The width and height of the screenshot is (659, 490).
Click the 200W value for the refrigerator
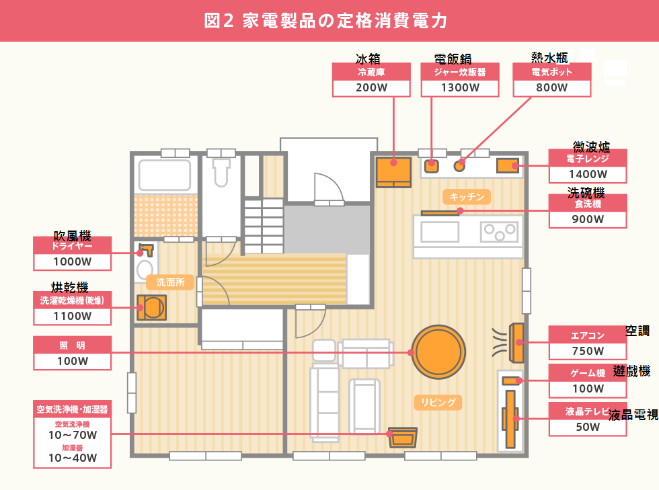point(372,87)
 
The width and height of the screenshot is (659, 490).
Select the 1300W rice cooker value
point(460,87)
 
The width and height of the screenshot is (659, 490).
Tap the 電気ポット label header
point(552,71)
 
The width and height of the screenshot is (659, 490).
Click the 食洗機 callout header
point(588,204)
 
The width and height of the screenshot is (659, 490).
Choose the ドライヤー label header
point(72,246)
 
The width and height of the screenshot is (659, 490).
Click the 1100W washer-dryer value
point(72,315)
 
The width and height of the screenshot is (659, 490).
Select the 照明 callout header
point(72,345)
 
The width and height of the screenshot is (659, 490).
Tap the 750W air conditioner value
point(588,350)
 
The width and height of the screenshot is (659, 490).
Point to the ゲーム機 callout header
point(588,373)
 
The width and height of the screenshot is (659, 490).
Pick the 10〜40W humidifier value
point(73,458)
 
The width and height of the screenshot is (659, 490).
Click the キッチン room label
point(467,196)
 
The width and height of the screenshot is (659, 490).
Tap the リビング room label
point(438,403)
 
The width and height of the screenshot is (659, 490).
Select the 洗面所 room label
point(170,282)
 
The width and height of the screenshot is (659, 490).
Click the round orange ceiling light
point(439,352)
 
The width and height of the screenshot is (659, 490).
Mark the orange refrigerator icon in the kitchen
point(393,171)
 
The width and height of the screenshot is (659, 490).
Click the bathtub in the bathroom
point(165,175)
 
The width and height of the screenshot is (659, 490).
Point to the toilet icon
point(221,172)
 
